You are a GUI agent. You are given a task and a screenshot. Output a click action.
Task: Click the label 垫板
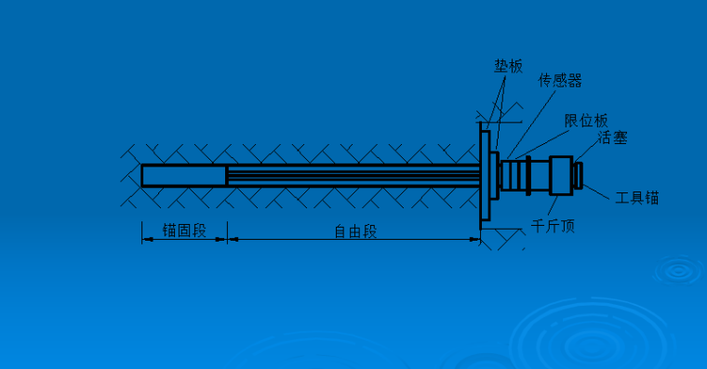pos(509,67)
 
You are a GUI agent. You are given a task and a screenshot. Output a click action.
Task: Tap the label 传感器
pos(560,81)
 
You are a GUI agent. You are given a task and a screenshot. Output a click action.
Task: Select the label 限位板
pos(586,120)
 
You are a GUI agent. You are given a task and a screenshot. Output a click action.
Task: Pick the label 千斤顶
pos(553,224)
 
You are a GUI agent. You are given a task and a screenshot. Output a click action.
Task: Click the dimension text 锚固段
pos(183,230)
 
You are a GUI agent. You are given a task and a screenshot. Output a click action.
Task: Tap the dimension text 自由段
pos(355,230)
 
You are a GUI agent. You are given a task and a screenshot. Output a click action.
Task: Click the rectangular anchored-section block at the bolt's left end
pos(184,175)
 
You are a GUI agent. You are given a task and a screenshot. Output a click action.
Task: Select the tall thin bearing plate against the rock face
pos(485,175)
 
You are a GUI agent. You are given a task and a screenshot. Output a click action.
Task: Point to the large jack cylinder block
pos(561,174)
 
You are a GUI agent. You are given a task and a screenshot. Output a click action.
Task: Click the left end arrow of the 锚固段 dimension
pos(145,240)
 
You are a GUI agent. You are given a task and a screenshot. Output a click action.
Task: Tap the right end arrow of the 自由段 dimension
pos(476,240)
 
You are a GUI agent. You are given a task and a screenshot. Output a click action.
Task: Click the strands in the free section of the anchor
pos(353,175)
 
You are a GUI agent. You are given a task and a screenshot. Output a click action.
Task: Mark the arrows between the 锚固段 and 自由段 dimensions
pos(228,240)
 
